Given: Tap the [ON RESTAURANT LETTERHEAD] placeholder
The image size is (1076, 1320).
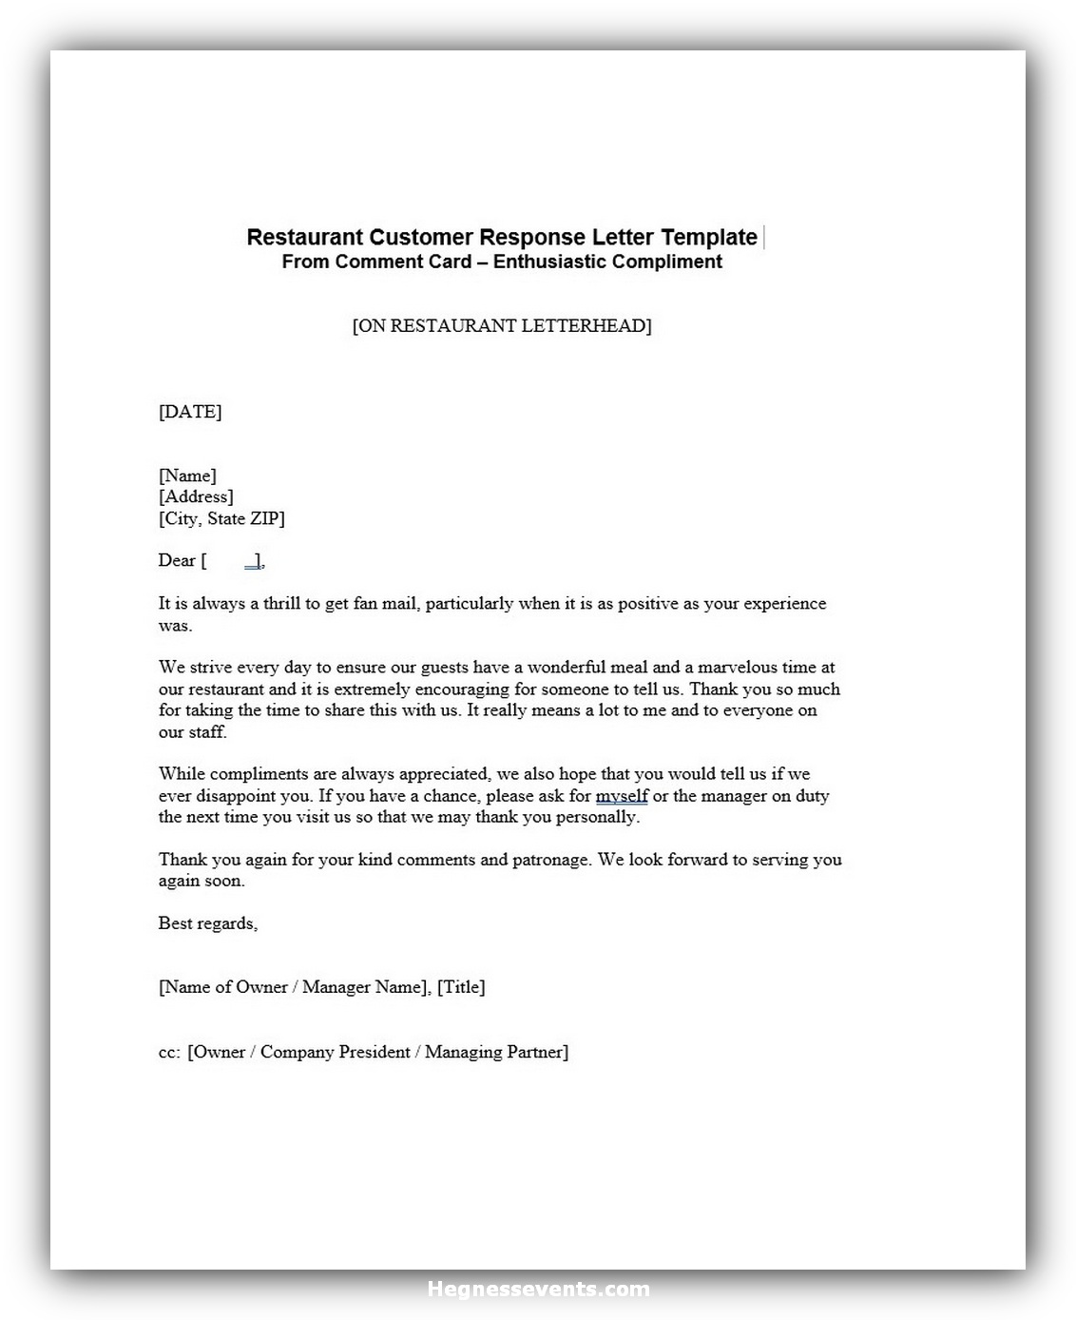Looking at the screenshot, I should coord(502,325).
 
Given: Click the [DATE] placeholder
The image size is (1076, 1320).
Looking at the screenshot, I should coord(190,412).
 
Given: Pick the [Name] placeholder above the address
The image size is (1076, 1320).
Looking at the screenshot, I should coord(187,476).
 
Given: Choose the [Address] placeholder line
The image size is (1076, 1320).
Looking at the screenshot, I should coord(196,496).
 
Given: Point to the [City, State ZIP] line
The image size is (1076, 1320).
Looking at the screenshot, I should coord(221,518).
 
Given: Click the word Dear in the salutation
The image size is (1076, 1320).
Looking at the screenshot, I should coord(177,560).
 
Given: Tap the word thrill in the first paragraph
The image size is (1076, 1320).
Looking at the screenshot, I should coord(281,603).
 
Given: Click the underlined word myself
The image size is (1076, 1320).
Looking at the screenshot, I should coord(622,795).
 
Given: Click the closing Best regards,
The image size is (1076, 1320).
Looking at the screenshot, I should coord(208,923).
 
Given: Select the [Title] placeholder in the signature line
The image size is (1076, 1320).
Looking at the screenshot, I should coord(461,987).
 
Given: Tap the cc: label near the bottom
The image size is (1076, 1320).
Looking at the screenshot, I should coord(169,1052).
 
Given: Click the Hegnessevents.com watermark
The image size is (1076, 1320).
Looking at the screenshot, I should coord(538,1290).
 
